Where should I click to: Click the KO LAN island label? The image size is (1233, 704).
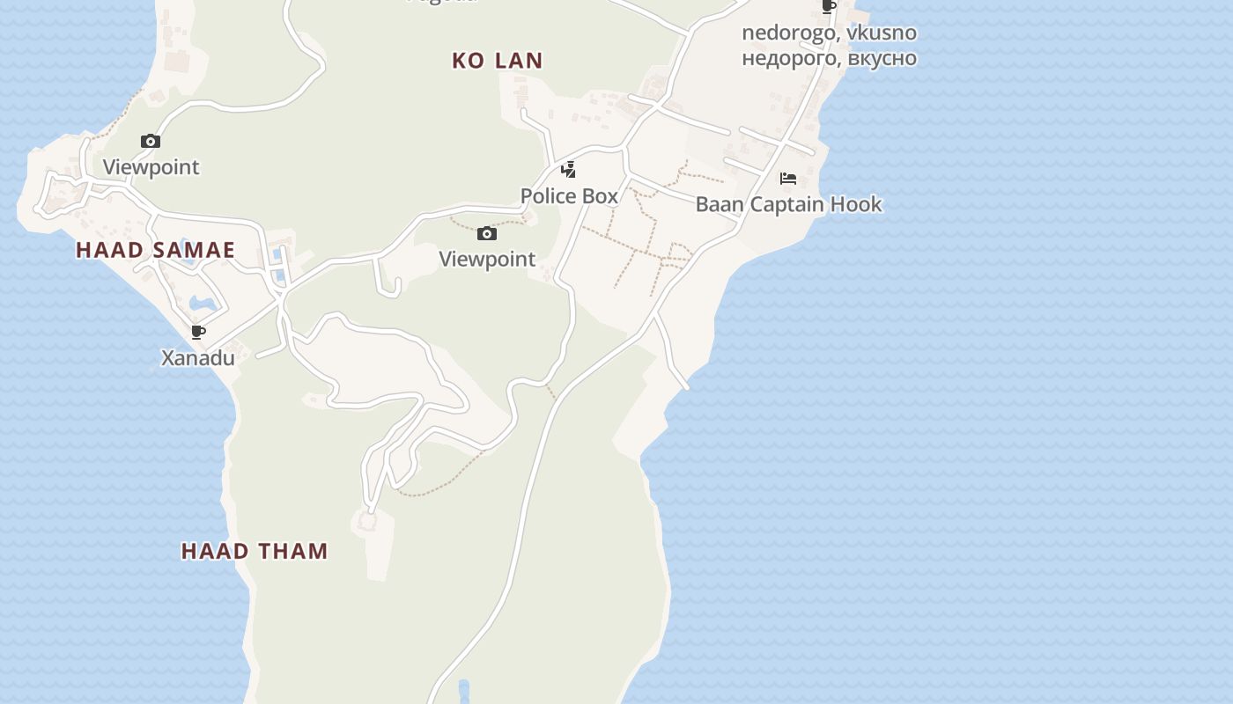coord(498,61)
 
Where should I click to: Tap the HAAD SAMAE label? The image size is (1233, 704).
coord(155,250)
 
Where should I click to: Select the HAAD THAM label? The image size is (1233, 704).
coord(255,552)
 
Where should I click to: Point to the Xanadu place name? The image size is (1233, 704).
coord(198,358)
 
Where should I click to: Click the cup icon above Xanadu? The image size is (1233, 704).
coord(198,333)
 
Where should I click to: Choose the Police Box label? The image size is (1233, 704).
coord(569,196)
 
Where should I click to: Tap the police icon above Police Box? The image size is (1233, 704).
coord(569,170)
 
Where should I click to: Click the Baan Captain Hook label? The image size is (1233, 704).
coord(788,205)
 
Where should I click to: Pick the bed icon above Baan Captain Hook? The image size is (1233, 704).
coord(788,179)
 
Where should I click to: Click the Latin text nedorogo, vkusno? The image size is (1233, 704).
coord(829,33)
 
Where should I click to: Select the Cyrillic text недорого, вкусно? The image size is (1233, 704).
coord(829,58)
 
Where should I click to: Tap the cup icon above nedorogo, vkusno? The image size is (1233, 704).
coord(828,7)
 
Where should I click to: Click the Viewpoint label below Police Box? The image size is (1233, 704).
coord(487,260)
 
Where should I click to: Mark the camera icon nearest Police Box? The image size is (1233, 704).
coord(487,233)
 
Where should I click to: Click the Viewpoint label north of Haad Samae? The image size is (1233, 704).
coord(151,167)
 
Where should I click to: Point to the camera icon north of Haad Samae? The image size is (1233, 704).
coord(151,141)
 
